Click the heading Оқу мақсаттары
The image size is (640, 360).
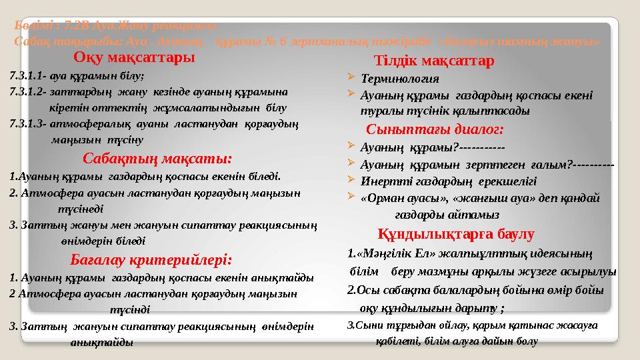tap(135, 57)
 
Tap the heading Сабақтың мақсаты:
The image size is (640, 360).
tap(157, 159)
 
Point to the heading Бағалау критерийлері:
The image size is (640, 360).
tap(151, 259)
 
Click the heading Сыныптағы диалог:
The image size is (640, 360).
tap(435, 129)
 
